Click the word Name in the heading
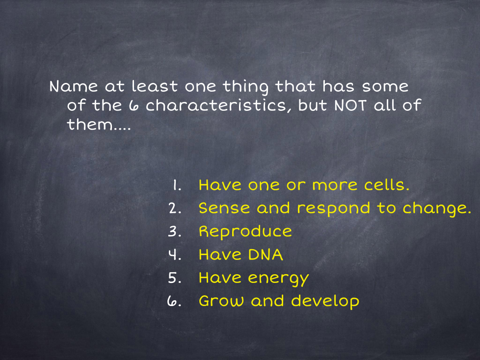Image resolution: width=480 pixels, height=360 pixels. (74, 86)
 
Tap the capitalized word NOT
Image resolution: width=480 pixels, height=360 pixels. (350, 105)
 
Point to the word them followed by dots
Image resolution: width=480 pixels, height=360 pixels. (99, 125)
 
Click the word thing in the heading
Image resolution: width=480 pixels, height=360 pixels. (245, 87)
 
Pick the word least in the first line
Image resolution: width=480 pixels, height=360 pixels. (155, 86)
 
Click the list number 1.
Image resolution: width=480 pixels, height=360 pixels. (177, 185)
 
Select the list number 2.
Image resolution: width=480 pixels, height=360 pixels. (175, 208)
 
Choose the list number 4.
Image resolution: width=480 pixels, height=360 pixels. (175, 255)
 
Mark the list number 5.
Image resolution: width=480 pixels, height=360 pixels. (175, 278)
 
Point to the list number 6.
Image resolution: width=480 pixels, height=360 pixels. (174, 302)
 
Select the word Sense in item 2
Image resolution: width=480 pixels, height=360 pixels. (224, 208)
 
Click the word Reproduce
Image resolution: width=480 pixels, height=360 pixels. (245, 231)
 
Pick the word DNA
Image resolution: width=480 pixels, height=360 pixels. (266, 255)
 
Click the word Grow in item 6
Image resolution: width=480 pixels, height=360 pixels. (221, 301)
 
